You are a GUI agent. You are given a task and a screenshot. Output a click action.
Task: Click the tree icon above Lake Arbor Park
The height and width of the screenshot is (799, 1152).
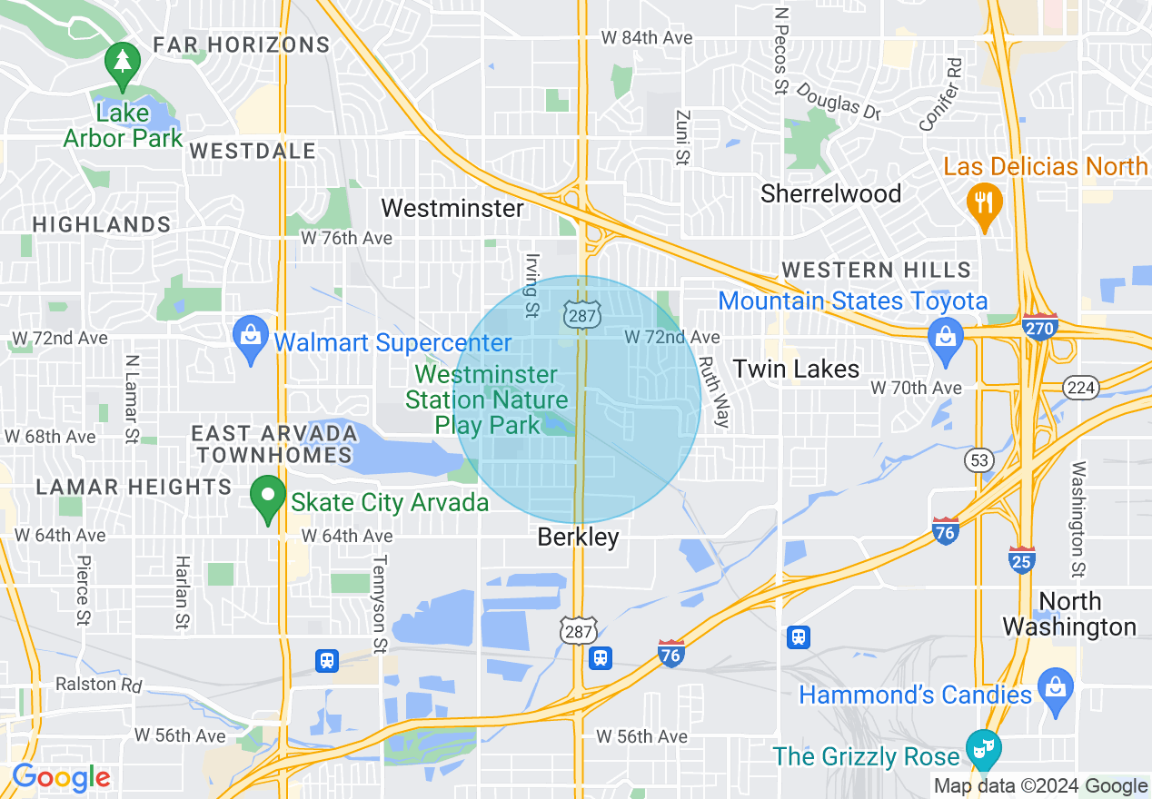click(122, 62)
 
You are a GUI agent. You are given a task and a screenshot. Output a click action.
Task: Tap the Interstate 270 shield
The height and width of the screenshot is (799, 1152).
click(1038, 325)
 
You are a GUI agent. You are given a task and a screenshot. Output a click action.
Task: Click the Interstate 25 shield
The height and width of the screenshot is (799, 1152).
click(1022, 560)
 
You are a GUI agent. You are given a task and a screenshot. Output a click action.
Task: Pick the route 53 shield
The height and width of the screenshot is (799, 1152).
click(978, 460)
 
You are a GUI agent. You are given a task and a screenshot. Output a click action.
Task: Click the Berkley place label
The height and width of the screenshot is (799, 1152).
click(578, 537)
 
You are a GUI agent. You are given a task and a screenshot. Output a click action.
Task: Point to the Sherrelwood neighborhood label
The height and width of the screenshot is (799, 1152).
click(830, 193)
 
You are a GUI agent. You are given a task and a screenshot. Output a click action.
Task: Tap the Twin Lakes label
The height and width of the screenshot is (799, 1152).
click(796, 369)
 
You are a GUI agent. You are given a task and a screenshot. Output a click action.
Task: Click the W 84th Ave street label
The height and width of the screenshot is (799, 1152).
click(647, 38)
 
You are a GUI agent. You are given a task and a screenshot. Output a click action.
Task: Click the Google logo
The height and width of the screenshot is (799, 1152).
click(61, 777)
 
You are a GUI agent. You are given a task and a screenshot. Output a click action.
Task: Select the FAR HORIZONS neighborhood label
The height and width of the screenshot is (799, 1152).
click(241, 44)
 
